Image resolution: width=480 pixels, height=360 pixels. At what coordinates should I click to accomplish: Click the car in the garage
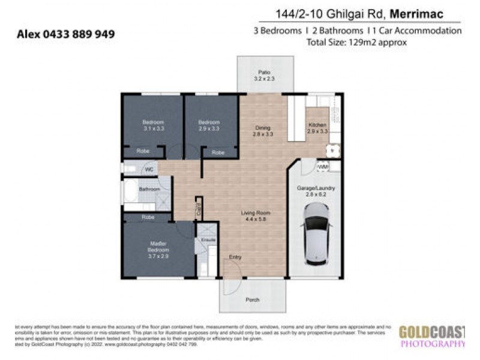pyautogui.click(x=316, y=235)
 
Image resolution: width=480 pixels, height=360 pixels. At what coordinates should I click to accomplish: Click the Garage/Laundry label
pyautogui.click(x=316, y=188)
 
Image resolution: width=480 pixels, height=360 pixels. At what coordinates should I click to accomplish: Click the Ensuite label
pyautogui.click(x=208, y=239)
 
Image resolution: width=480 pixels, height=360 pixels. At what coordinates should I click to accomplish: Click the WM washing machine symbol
pyautogui.click(x=322, y=166)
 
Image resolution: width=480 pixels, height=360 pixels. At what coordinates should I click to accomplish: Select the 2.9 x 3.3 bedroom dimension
pyautogui.click(x=208, y=128)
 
